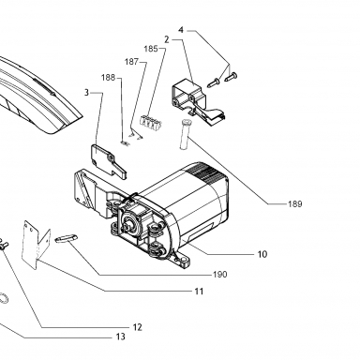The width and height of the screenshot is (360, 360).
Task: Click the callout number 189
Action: [x=295, y=204]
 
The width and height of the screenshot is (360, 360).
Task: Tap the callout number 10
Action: [x=262, y=254]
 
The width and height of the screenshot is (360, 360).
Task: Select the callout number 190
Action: [x=220, y=275]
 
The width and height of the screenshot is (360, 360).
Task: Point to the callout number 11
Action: [x=199, y=292]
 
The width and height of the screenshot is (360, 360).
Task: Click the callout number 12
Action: [x=138, y=327]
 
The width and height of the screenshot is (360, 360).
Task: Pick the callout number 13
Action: [x=120, y=337]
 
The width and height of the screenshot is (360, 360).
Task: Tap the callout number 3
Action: [x=86, y=93]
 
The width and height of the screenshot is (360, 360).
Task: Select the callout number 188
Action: [x=108, y=78]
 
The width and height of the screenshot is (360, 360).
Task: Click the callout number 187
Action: [x=131, y=62]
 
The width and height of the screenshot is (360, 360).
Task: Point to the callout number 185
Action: [x=151, y=49]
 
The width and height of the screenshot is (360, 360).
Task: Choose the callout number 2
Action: [x=167, y=39]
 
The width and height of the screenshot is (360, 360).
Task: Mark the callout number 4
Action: [x=181, y=30]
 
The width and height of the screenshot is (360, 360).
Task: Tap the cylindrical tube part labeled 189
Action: [x=184, y=134]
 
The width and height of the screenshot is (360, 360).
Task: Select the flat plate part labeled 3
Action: [x=109, y=162]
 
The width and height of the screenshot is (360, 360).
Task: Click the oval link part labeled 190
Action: [x=66, y=238]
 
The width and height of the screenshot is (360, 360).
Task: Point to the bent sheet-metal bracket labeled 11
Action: [x=36, y=245]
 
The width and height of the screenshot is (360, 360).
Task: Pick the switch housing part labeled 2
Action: [x=198, y=99]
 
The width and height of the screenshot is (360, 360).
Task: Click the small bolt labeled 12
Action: [x=4, y=244]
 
